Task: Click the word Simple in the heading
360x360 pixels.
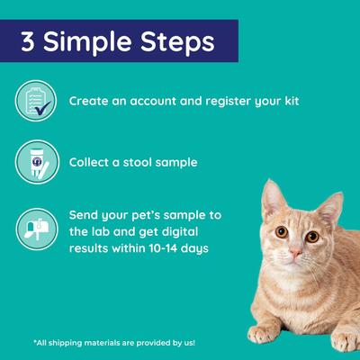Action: click(87, 43)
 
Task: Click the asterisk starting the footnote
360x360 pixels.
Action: click(33, 343)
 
